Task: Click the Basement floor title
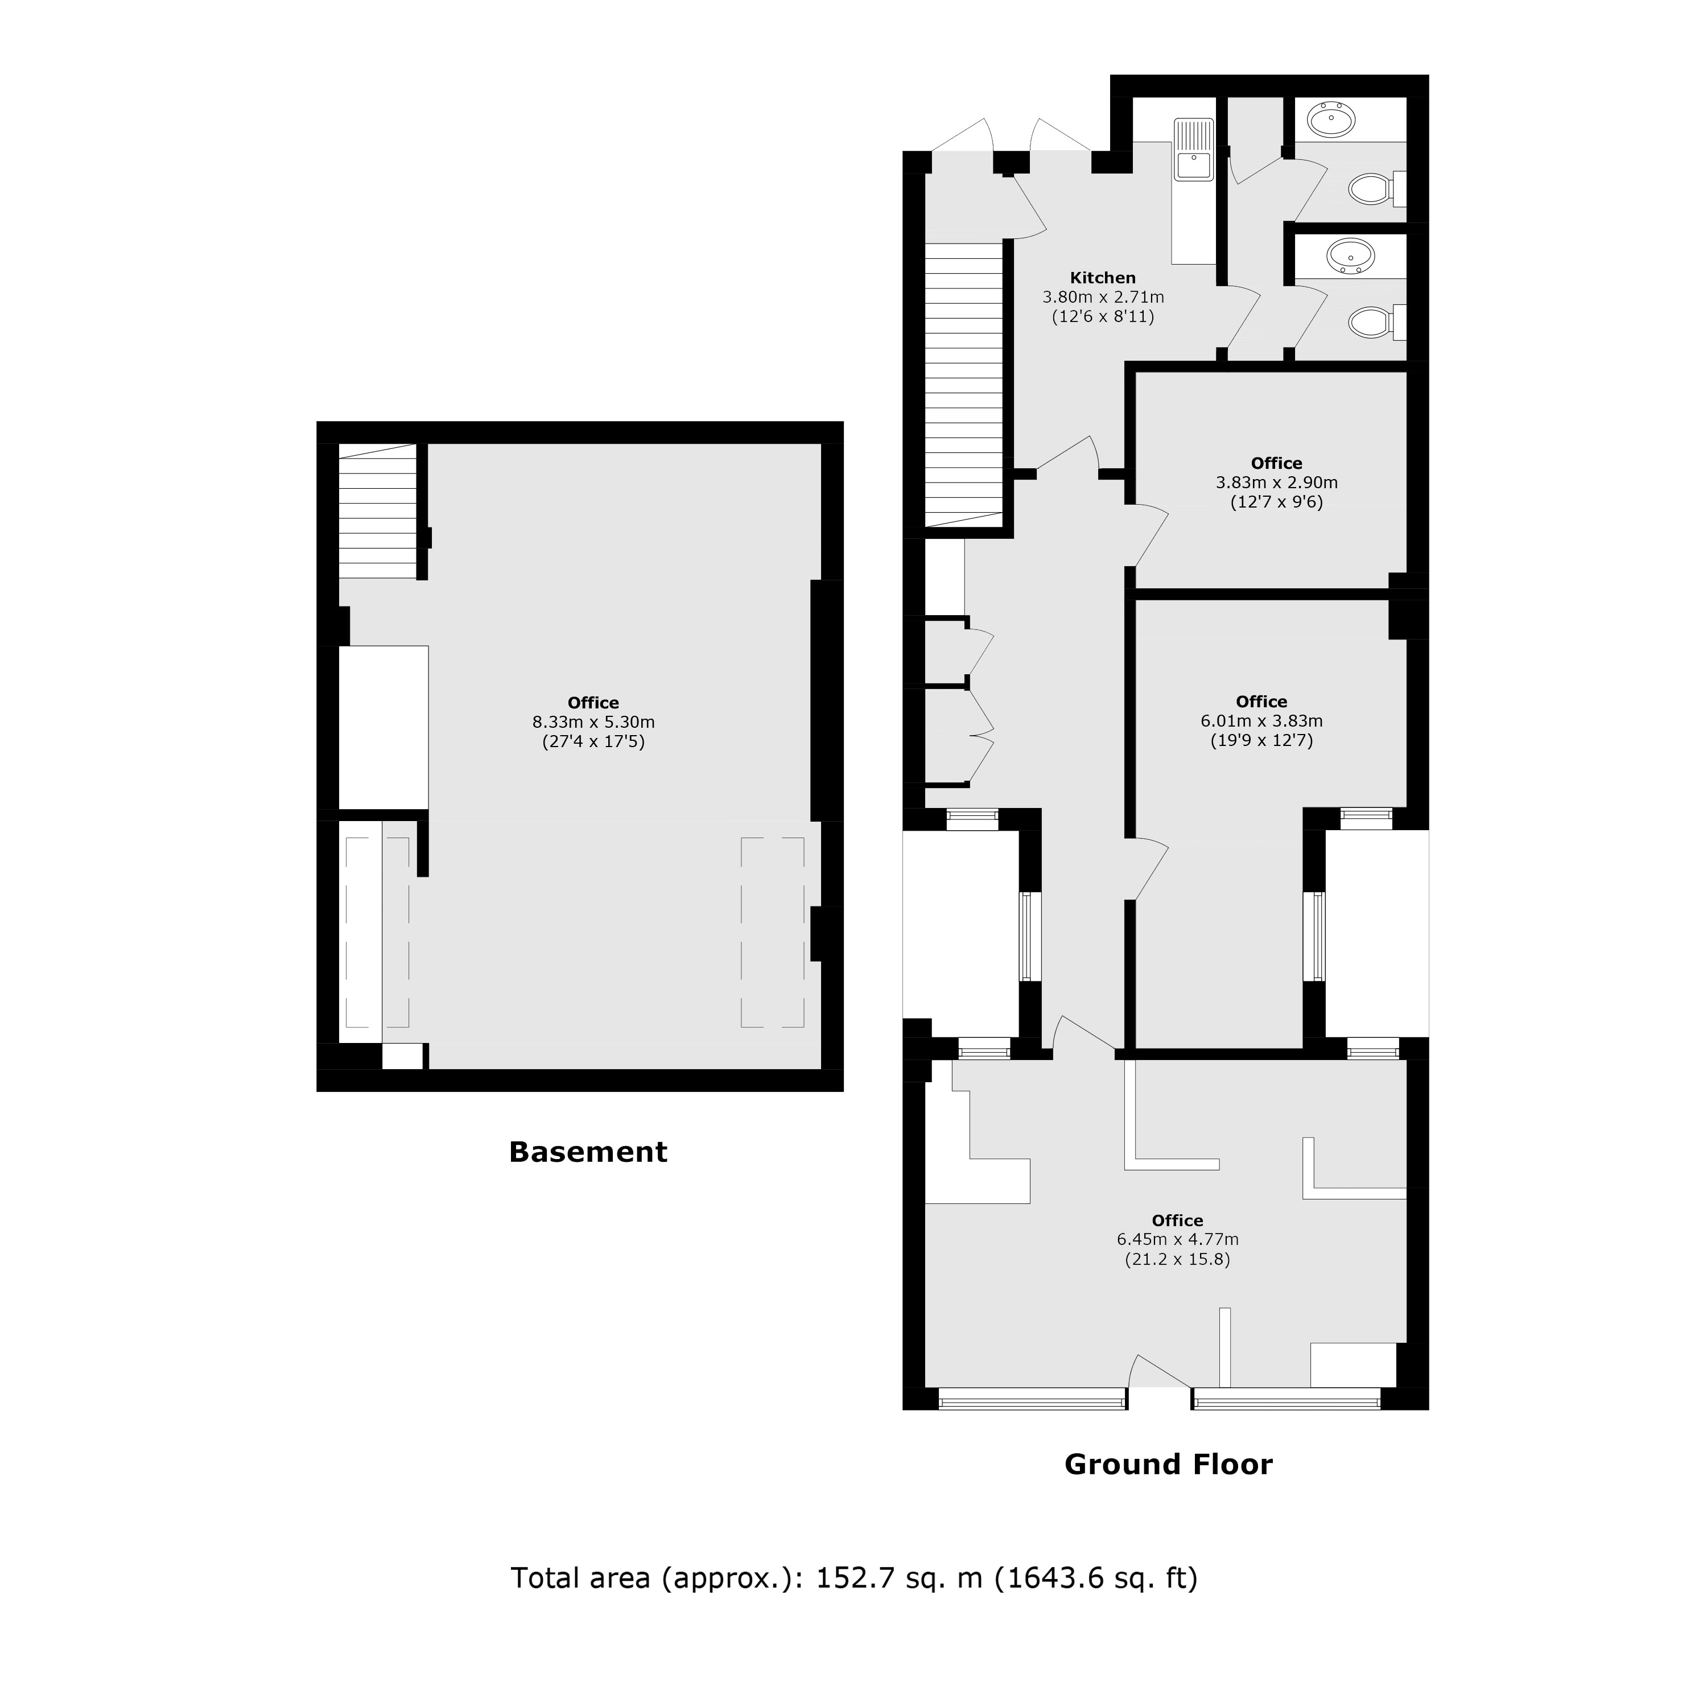pyautogui.click(x=588, y=1152)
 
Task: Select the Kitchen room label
pyautogui.click(x=1103, y=278)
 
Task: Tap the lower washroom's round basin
pyautogui.click(x=1351, y=256)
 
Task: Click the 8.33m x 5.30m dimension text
pyautogui.click(x=593, y=722)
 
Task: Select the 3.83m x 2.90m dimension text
pyautogui.click(x=1277, y=483)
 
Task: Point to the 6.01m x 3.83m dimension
pyautogui.click(x=1261, y=721)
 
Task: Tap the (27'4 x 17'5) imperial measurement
pyautogui.click(x=593, y=742)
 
